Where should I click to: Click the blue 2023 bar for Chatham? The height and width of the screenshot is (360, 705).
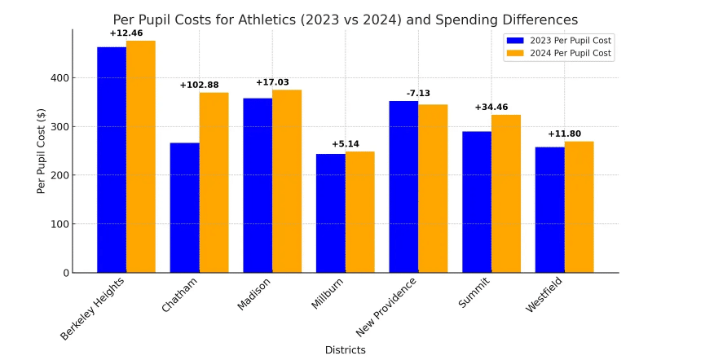pyautogui.click(x=185, y=208)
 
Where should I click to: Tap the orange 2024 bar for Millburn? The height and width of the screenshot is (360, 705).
pyautogui.click(x=360, y=212)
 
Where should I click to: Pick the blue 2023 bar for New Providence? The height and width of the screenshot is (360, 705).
pyautogui.click(x=403, y=187)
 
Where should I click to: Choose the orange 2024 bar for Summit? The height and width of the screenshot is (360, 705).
pyautogui.click(x=506, y=194)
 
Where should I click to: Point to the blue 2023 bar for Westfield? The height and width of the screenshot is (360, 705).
pyautogui.click(x=550, y=209)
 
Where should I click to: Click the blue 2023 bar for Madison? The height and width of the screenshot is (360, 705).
pyautogui.click(x=258, y=185)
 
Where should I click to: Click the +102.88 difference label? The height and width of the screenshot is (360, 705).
pyautogui.click(x=200, y=85)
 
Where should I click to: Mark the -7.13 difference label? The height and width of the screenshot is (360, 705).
pyautogui.click(x=418, y=94)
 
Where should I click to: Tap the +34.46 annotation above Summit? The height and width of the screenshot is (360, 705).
pyautogui.click(x=491, y=107)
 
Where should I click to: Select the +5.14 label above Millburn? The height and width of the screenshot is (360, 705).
pyautogui.click(x=346, y=144)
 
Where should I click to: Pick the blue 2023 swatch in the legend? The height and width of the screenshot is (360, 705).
pyautogui.click(x=515, y=40)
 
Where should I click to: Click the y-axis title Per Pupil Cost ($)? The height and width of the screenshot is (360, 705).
pyautogui.click(x=42, y=151)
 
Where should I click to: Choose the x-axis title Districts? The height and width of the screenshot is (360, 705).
pyautogui.click(x=346, y=350)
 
